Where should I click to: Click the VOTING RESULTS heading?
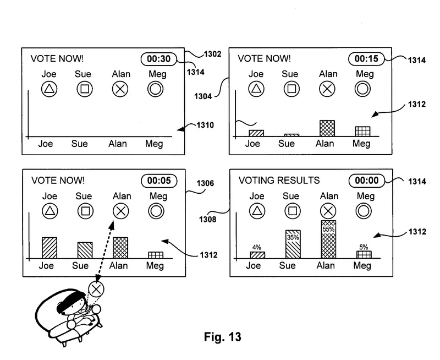(x=279, y=181)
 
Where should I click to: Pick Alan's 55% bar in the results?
(x=328, y=239)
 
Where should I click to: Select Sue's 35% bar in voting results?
(x=293, y=244)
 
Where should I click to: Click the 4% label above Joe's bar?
(x=257, y=248)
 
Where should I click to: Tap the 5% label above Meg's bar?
(x=364, y=247)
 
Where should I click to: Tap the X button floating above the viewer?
(x=96, y=289)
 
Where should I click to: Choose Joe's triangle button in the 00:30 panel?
(x=50, y=89)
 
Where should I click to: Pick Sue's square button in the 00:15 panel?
(x=291, y=88)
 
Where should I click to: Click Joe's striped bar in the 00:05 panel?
(x=50, y=248)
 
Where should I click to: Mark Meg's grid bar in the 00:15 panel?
(x=362, y=131)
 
